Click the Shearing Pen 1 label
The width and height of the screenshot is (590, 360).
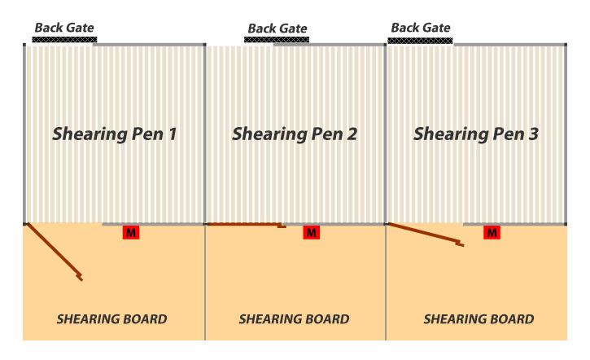point(115,134)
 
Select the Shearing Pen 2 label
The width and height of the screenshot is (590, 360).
point(295,134)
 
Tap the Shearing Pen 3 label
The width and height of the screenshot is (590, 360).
point(475,134)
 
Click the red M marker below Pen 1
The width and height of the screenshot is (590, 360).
point(130,233)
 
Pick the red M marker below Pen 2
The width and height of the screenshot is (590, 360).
point(311,233)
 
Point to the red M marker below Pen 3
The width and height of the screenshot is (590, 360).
point(492,233)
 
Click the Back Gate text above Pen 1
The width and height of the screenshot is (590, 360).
point(64,27)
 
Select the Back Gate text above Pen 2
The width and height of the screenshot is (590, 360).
point(278,28)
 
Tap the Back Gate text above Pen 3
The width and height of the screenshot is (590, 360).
point(421,27)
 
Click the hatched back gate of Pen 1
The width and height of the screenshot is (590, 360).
point(65,38)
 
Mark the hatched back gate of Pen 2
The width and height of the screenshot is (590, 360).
point(278,39)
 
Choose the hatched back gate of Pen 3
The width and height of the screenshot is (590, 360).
point(420,39)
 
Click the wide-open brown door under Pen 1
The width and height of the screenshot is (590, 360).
point(55,251)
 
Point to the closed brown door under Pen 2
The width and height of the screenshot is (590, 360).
point(244,224)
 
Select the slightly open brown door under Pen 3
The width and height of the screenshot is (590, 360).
point(426,234)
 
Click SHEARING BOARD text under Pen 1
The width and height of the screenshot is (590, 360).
point(111,319)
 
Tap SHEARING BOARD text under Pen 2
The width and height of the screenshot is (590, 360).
point(294,319)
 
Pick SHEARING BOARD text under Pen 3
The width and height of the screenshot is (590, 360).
point(479,319)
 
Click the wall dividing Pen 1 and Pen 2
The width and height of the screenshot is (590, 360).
point(205,134)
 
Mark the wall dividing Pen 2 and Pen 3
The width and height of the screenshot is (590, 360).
point(386,134)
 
